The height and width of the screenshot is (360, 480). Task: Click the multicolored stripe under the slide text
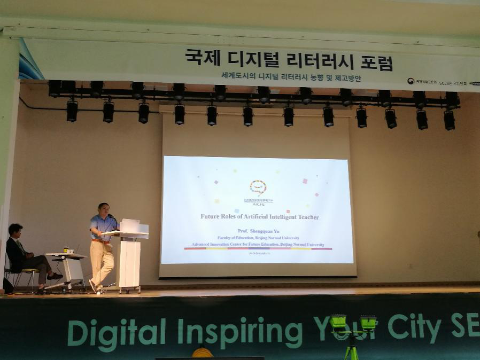pos(258,248)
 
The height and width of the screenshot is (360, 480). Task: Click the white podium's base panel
pos(129,264)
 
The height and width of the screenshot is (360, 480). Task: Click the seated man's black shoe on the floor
pos(55,276)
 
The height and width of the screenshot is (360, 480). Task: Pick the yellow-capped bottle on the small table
pos(66,249)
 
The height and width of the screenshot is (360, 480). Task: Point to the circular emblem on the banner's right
pos(411,81)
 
